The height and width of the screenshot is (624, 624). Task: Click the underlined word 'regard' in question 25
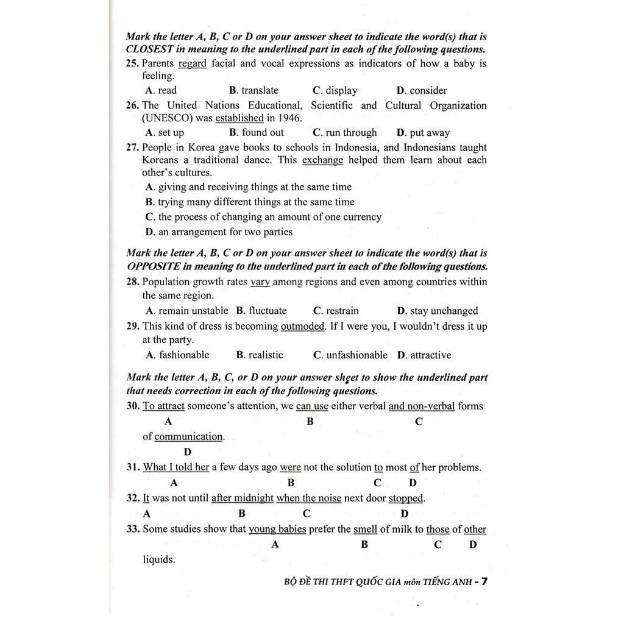(192, 63)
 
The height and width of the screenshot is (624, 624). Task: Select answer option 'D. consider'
(422, 90)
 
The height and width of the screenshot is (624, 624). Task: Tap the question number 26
(132, 105)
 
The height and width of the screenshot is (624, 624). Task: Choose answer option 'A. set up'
(165, 132)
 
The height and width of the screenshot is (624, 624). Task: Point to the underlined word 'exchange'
(322, 160)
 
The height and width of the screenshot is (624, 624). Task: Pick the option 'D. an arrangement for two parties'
(219, 232)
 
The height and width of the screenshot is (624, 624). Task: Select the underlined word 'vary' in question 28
(260, 282)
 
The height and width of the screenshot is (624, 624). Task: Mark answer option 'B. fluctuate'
(261, 311)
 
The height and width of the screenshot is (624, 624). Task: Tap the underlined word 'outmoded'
(303, 326)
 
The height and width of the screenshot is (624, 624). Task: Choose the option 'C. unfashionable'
(350, 355)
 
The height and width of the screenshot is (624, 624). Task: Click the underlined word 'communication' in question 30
(188, 436)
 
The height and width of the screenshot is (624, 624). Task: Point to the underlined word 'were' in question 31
(291, 467)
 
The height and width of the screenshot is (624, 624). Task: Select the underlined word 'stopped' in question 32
(406, 498)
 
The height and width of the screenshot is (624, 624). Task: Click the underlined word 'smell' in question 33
(365, 529)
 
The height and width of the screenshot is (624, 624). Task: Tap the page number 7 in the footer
(484, 581)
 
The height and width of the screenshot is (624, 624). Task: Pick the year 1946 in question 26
(289, 118)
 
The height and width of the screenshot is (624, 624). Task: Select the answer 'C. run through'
(345, 132)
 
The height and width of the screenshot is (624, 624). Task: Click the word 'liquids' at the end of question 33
(158, 559)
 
